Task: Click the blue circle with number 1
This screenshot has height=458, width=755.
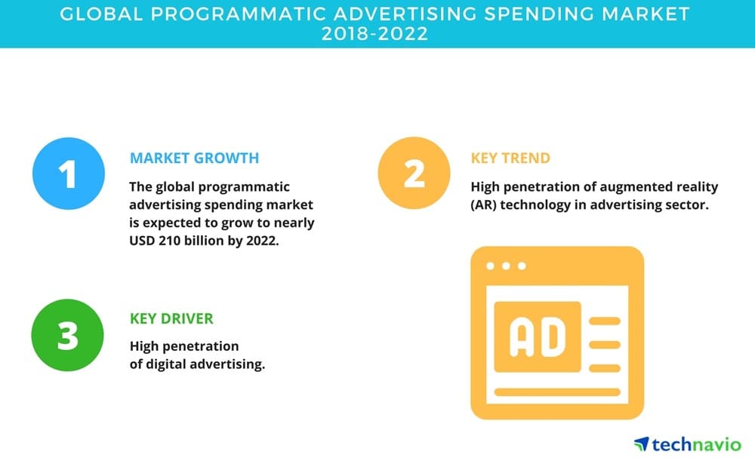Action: coord(69,174)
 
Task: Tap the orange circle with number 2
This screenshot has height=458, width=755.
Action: coord(414,174)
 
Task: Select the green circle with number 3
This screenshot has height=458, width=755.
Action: coord(67,335)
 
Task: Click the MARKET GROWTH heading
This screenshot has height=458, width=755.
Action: coord(195,158)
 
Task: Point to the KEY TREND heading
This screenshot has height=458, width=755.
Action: coord(510,158)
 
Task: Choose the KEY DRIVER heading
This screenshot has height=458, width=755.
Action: coord(171,318)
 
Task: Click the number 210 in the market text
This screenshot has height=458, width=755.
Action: coord(169,241)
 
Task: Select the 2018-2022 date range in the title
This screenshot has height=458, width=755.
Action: coord(374,34)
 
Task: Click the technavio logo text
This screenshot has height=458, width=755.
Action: coord(697,444)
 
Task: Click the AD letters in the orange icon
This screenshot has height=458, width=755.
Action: coord(538,337)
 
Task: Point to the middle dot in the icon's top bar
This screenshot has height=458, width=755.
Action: coord(506,266)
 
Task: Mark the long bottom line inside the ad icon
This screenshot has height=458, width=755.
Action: coord(557,392)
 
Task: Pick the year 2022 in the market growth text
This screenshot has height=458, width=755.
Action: coord(263,241)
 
